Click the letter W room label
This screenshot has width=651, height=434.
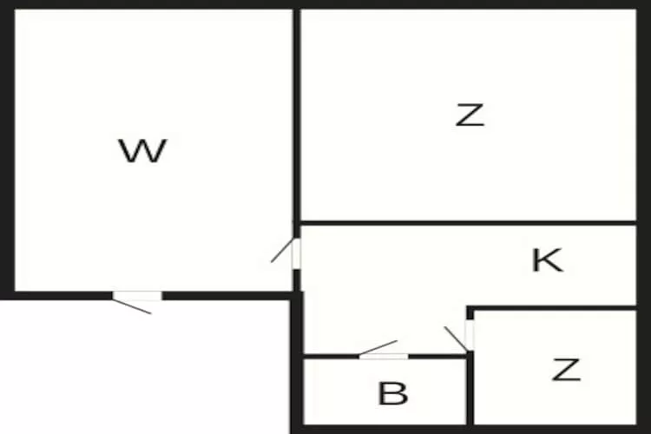pos(143,151)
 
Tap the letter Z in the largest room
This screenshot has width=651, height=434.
pos(470,115)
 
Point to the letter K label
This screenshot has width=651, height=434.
pos(548,260)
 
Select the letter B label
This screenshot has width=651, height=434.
pos(392,393)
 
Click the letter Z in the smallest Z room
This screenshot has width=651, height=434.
pos(566,370)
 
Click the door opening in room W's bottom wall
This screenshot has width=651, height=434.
pos(137,296)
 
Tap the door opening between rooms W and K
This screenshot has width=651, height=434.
pos(296,253)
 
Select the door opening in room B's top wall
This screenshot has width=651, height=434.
pos(383,356)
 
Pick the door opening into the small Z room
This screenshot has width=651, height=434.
pos(470,335)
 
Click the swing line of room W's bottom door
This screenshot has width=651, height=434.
pos(132,306)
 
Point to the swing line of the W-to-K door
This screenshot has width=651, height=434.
pos(282,250)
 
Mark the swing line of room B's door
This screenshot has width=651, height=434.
pos(378,347)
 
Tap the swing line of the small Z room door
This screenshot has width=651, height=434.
pos(456,339)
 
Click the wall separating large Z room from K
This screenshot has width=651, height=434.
pos(469,223)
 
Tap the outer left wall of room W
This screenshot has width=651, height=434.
pos(7,150)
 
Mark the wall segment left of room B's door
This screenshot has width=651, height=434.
pos(331,356)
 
